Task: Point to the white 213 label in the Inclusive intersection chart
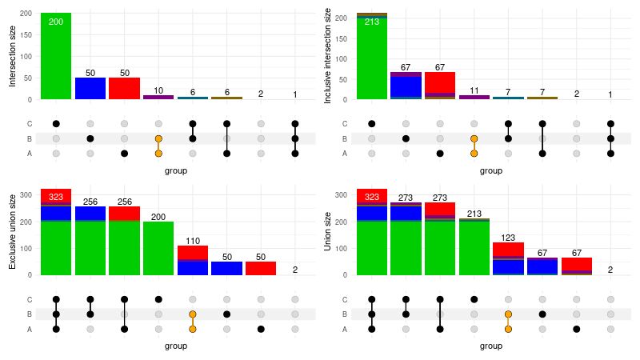pyautogui.click(x=372, y=22)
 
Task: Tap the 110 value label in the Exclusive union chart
pyautogui.click(x=192, y=241)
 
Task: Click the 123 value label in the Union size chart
pyautogui.click(x=508, y=238)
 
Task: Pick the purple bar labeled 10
pyautogui.click(x=158, y=97)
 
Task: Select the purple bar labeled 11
pyautogui.click(x=474, y=97)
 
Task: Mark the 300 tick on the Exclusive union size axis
pyautogui.click(x=24, y=194)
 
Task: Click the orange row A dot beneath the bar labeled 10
pyautogui.click(x=158, y=153)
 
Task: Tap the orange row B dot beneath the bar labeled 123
pyautogui.click(x=508, y=314)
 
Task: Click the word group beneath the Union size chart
pyautogui.click(x=491, y=346)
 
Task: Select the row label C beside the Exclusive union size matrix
pyautogui.click(x=30, y=300)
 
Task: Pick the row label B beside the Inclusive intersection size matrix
pyautogui.click(x=346, y=138)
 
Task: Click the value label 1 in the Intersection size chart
pyautogui.click(x=295, y=94)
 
